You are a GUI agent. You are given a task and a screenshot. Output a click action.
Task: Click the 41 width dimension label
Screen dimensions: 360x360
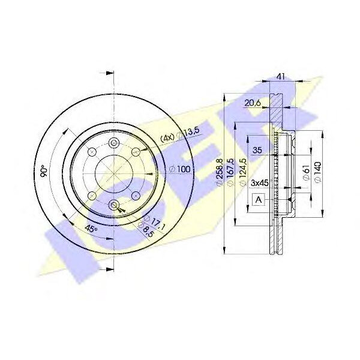tap(280, 76)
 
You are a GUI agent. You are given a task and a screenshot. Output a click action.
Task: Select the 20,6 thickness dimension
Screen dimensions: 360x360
tap(253, 103)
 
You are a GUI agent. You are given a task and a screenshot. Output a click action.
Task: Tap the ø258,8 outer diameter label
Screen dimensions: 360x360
tap(219, 172)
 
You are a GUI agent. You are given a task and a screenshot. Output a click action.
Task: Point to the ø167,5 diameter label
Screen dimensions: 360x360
tap(230, 172)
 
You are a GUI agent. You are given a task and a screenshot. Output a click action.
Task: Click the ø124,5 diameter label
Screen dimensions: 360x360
tap(242, 172)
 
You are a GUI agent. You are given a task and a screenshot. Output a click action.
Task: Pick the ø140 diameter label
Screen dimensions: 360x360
tap(317, 172)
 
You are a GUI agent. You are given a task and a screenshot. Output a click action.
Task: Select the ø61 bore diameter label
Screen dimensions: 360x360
tap(307, 173)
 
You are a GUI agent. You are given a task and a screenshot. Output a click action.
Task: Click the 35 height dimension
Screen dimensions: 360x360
tap(257, 150)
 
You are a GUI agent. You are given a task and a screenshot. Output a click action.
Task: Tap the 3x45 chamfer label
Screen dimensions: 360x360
tap(259, 183)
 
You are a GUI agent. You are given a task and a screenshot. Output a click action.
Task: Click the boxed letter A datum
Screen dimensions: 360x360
tap(259, 200)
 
